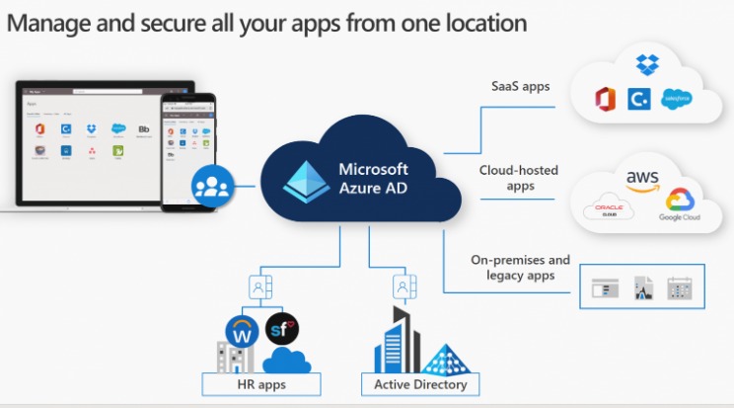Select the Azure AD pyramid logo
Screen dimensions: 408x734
coord(303,179)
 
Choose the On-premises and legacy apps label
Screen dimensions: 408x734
coord(520,268)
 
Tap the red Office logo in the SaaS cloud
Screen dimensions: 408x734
coord(606,99)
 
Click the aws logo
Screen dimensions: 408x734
coord(641,177)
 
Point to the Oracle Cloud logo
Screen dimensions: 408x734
coord(609,210)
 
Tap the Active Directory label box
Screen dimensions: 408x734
coord(419,383)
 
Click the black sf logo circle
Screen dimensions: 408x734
coord(282,327)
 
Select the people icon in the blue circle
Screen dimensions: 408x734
coord(212,188)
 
